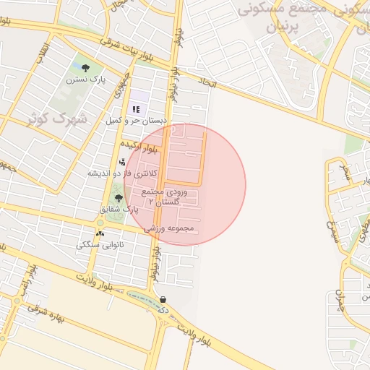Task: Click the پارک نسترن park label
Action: [x=84, y=79]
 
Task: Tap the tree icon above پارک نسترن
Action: [x=85, y=68]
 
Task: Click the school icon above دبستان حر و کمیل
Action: [x=135, y=109]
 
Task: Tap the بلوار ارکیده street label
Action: [x=139, y=147]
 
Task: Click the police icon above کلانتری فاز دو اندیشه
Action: [x=121, y=162]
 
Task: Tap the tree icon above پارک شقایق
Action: [x=119, y=197]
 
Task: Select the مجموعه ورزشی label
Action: [x=170, y=228]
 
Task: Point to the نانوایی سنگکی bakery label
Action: [x=100, y=245]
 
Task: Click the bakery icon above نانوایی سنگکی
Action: [x=100, y=233]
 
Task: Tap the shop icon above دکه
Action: [x=163, y=299]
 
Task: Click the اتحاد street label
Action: [x=207, y=85]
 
